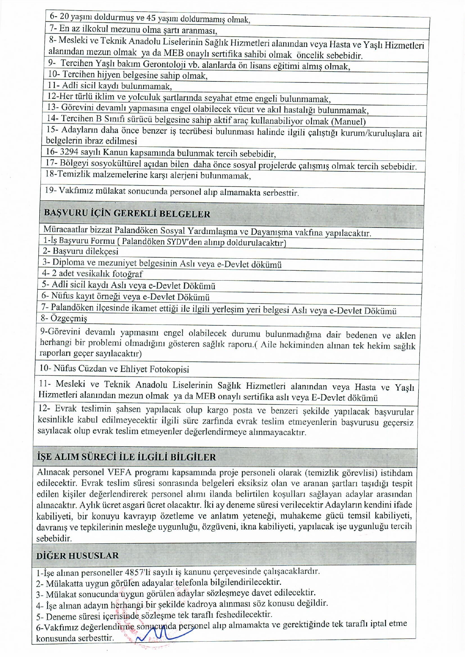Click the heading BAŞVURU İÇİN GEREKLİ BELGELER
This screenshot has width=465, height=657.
pyautogui.click(x=127, y=214)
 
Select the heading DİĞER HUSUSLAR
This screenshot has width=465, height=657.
pyautogui.click(x=77, y=555)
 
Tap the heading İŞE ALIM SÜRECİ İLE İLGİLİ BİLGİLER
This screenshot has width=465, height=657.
pyautogui.click(x=126, y=457)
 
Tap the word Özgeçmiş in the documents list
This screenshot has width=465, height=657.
pyautogui.click(x=69, y=319)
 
